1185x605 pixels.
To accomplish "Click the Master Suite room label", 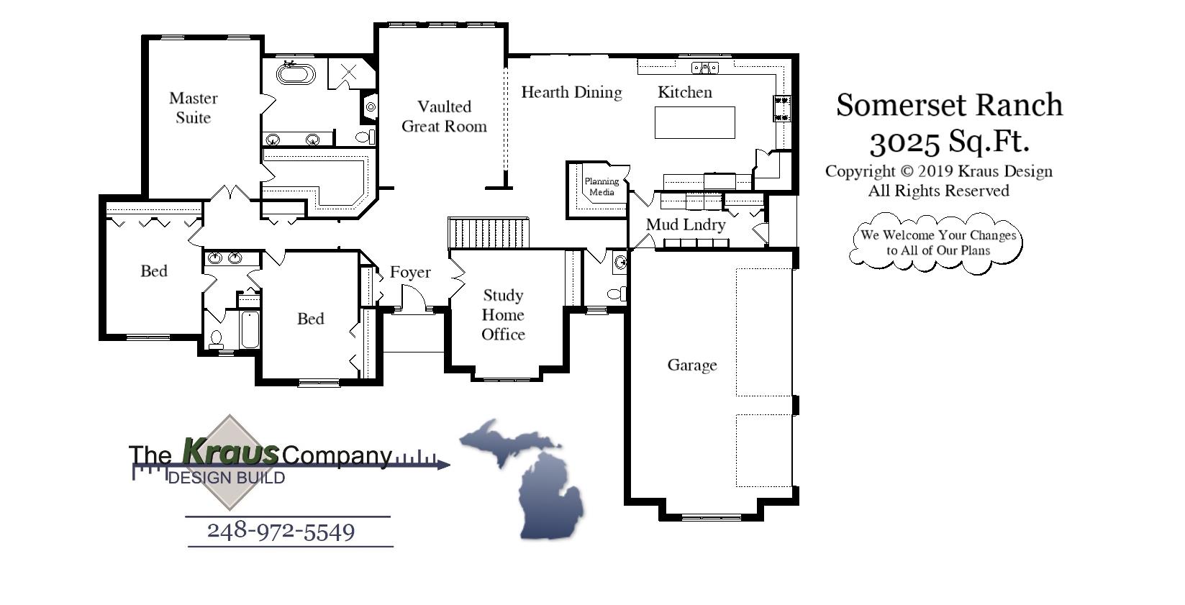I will click(193, 108).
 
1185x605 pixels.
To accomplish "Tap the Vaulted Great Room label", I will click(444, 117).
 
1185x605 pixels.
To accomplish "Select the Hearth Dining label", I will click(571, 92).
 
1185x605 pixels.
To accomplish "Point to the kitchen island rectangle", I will click(694, 122).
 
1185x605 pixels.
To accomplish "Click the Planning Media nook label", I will click(601, 187).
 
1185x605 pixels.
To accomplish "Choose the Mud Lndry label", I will click(685, 224).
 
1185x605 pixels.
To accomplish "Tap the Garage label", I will click(692, 365).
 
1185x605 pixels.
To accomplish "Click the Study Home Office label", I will click(503, 314).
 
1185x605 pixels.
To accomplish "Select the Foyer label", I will click(410, 272).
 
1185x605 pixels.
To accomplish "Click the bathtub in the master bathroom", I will click(296, 74).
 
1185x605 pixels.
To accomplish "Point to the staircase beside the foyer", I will click(489, 233).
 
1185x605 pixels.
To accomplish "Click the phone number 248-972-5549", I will click(281, 532).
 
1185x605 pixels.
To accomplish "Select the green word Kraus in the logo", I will click(230, 452).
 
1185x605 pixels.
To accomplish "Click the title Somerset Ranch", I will click(949, 105).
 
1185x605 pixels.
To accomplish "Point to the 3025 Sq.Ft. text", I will click(949, 142).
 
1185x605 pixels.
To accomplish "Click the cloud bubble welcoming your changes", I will click(937, 242).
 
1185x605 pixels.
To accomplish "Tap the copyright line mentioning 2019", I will click(938, 171).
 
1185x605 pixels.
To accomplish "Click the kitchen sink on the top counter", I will click(705, 68).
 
